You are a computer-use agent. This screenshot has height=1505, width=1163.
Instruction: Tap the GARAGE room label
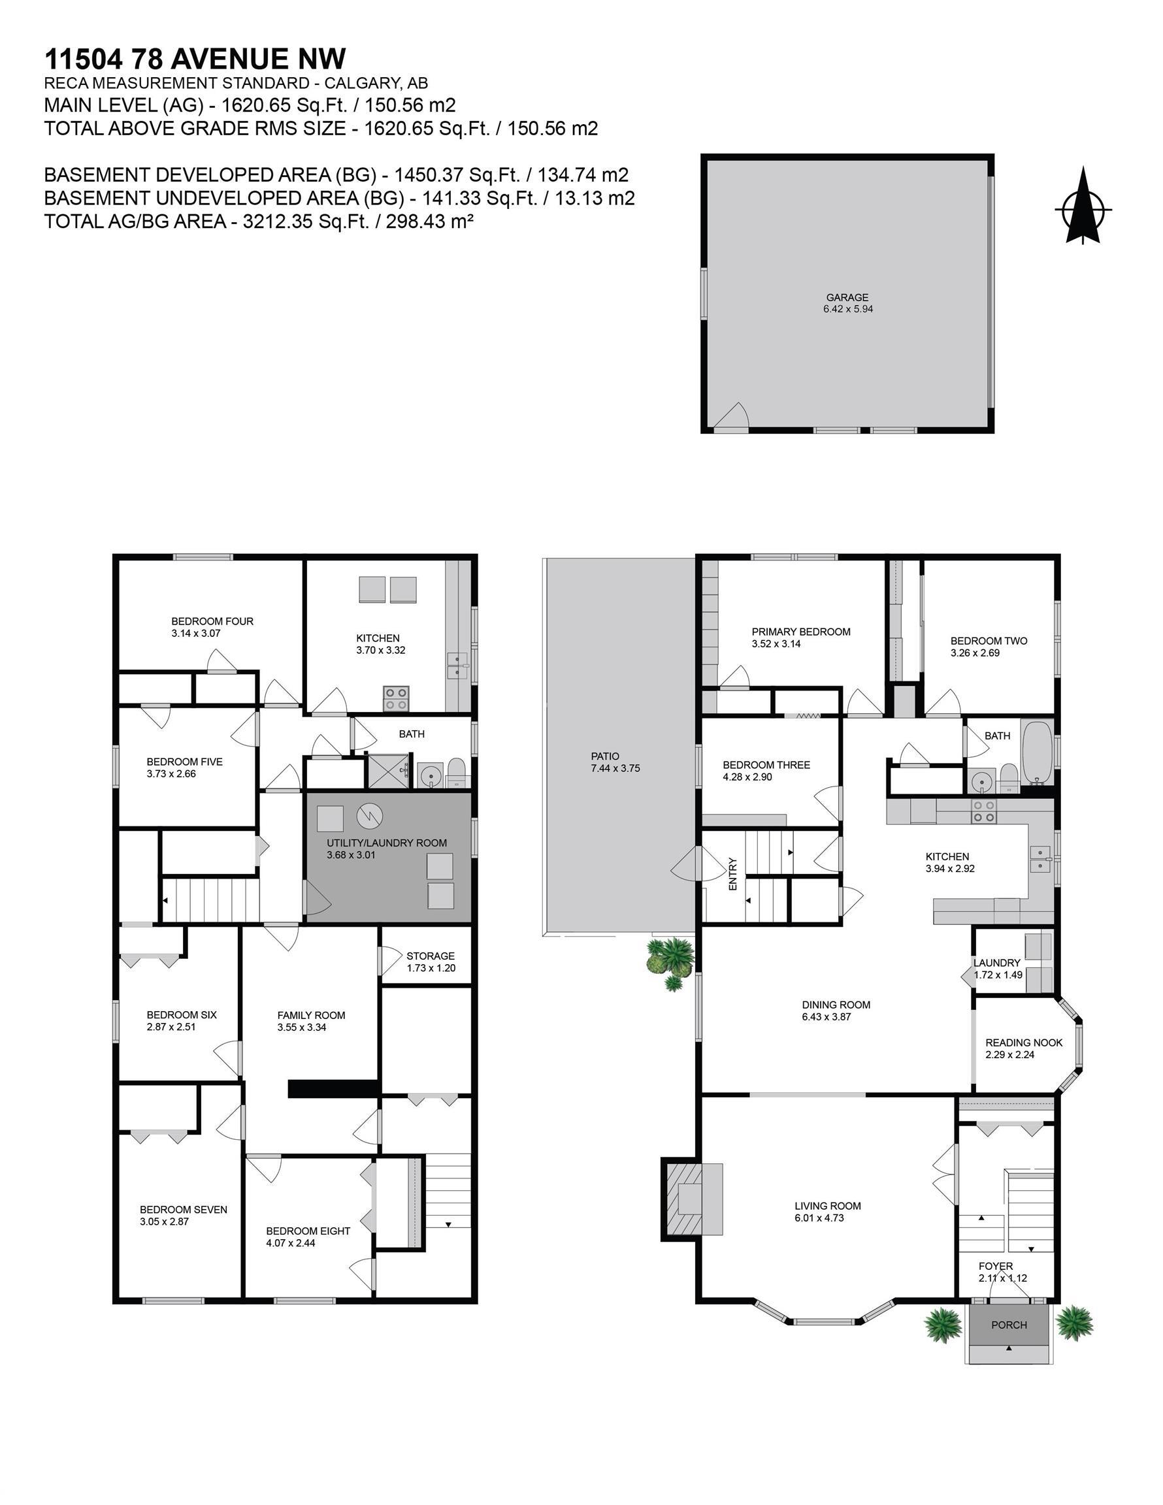(x=847, y=298)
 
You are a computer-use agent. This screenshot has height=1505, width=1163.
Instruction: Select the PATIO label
(x=605, y=756)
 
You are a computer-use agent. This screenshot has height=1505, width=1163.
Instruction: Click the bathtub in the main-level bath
(x=1036, y=752)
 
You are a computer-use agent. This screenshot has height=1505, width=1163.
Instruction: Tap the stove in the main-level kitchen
(x=983, y=811)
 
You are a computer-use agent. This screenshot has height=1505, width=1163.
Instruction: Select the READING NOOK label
(x=1023, y=1043)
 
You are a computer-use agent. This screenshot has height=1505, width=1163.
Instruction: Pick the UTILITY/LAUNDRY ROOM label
(x=386, y=843)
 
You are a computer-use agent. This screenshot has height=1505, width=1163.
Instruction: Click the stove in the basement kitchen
(x=396, y=698)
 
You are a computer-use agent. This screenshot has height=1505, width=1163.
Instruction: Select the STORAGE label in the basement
(x=430, y=956)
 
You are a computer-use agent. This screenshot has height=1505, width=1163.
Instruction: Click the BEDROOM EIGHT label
(x=308, y=1231)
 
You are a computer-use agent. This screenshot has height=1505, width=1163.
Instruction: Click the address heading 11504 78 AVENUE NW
(x=195, y=59)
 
